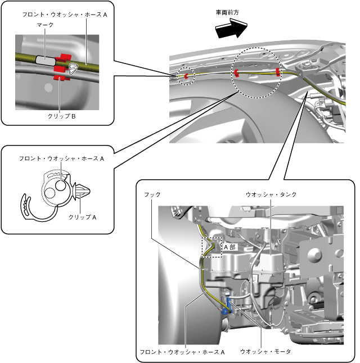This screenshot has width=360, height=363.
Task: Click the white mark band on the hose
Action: (x=46, y=58)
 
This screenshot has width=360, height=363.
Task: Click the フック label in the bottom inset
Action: (x=152, y=194)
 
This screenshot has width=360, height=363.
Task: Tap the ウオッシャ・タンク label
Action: (x=271, y=194)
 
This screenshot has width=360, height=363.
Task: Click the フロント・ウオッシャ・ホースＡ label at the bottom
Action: (x=182, y=352)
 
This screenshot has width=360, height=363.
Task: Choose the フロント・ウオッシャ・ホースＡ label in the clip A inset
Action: (x=62, y=159)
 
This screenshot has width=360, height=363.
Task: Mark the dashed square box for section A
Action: (x=211, y=246)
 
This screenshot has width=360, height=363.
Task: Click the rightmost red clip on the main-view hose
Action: (x=277, y=72)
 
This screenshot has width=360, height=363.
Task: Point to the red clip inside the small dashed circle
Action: (x=186, y=75)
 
